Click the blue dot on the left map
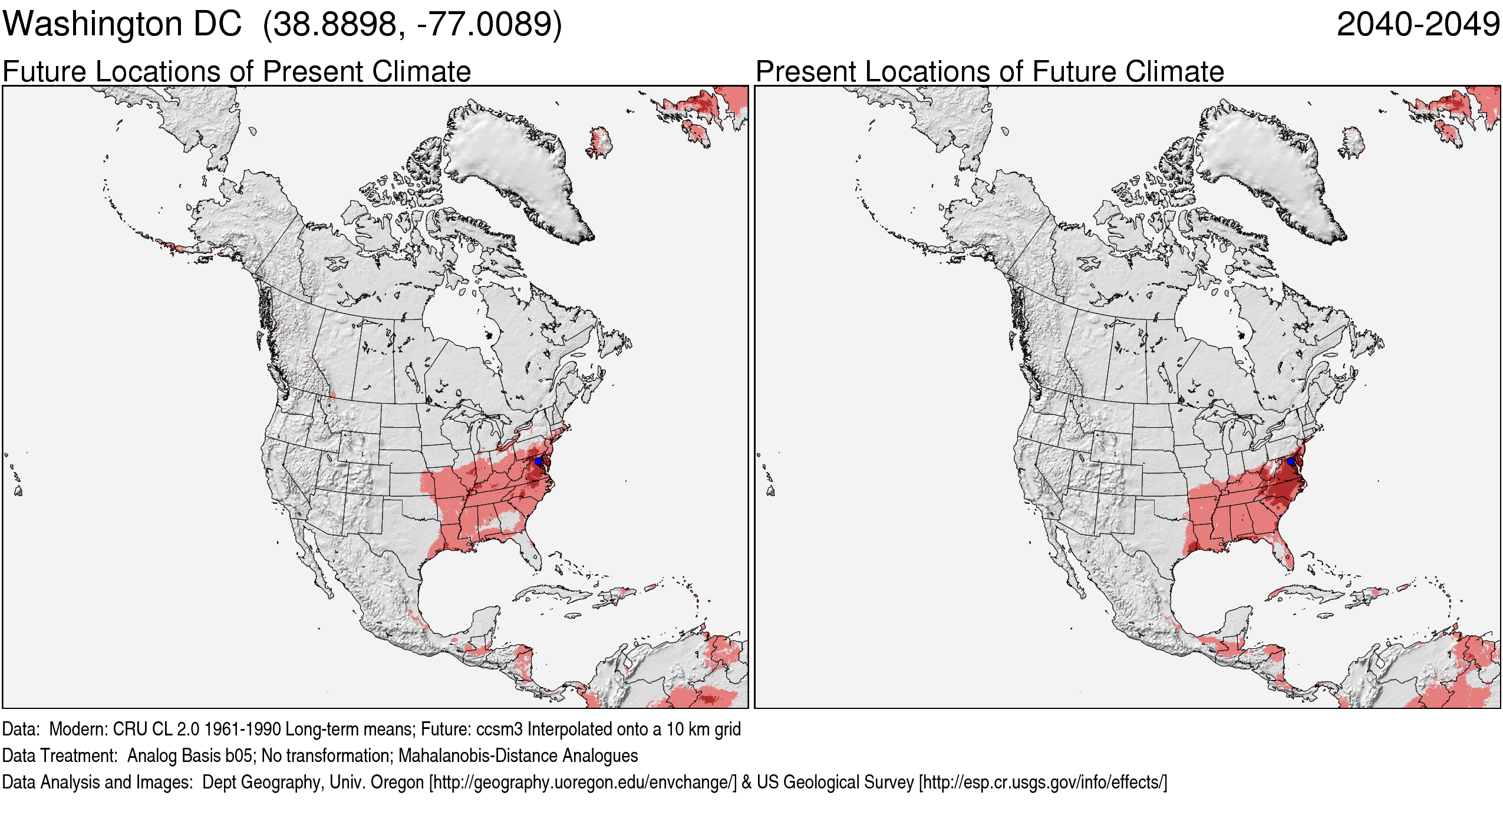tap(538, 461)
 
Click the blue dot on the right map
tap(1291, 461)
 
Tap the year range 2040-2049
tap(1418, 25)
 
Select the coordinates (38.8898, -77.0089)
tap(413, 25)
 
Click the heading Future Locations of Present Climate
tap(236, 72)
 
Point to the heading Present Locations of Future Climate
tap(990, 72)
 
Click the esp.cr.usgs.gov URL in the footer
tap(1043, 782)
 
